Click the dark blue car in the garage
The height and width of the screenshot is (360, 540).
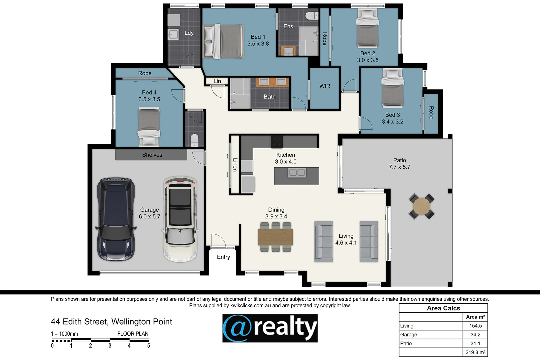116,219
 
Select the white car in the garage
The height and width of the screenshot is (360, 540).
180,219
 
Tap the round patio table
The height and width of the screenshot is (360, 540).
421,206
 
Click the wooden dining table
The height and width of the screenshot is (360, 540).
275,237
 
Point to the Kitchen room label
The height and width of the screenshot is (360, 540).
286,155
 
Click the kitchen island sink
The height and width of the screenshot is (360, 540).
297,173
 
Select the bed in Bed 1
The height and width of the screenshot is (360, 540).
223,42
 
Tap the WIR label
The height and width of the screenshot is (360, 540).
325,86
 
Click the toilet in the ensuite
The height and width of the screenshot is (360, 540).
312,16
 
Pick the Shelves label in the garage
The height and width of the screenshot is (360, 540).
152,155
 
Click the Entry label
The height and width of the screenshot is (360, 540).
223,257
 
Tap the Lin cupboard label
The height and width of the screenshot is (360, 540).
217,81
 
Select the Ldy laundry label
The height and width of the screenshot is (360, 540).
189,33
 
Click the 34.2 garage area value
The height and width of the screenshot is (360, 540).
475,335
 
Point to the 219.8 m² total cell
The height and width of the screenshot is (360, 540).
475,352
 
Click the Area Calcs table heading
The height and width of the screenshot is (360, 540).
443,308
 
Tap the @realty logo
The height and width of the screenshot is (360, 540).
270,328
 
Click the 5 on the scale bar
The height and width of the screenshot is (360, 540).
149,346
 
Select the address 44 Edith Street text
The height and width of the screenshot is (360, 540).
111,322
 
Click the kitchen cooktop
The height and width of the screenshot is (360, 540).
277,142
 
